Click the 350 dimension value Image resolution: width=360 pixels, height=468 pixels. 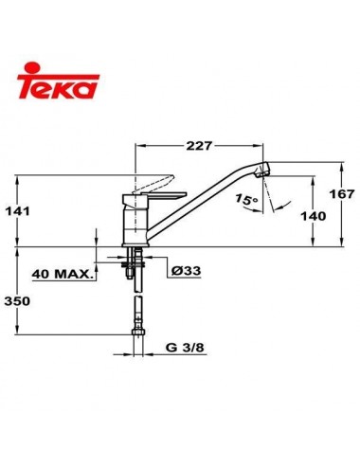point(33,303)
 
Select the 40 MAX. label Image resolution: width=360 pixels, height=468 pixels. point(63,276)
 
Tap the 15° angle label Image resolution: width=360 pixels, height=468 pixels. point(246,201)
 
